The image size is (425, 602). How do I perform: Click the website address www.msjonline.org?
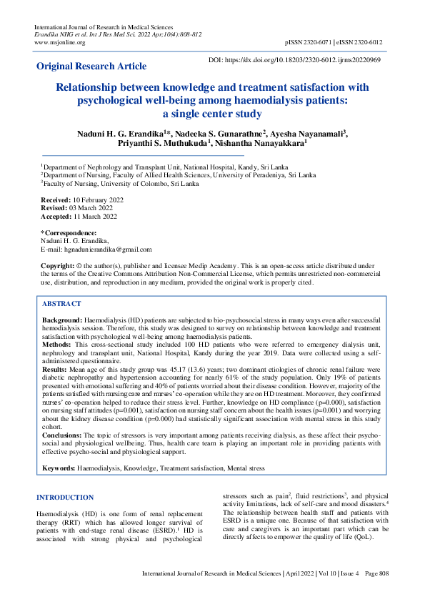pos(60,42)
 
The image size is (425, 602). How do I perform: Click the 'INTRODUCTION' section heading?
pos(65,497)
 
